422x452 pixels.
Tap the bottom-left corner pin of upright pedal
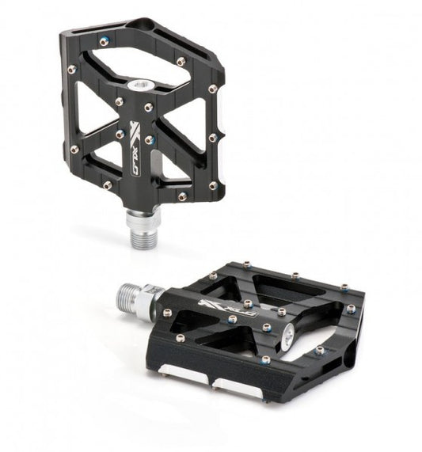point(108,184)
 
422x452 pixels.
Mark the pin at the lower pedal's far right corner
point(350,308)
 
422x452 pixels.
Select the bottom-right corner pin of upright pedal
point(212,186)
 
